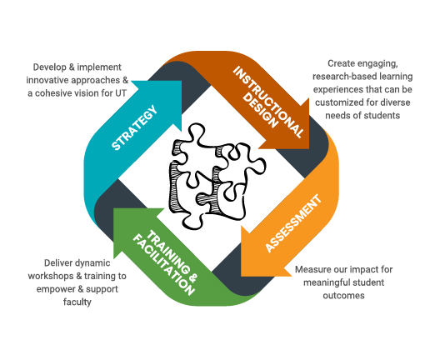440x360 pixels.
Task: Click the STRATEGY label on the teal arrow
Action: tap(134, 127)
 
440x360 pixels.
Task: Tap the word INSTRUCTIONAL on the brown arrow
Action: tap(269, 102)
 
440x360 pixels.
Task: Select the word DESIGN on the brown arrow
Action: tap(259, 111)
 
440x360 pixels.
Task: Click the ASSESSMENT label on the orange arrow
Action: tap(293, 223)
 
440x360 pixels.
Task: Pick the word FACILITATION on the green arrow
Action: tap(163, 265)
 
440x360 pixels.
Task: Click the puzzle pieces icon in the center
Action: tap(217, 176)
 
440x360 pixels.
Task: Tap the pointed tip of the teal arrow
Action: tap(182, 81)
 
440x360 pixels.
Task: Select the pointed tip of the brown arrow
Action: tap(309, 148)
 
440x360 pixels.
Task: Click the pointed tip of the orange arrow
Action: tap(241, 276)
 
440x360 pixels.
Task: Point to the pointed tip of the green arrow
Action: tap(113, 208)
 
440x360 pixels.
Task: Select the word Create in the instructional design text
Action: tap(342, 63)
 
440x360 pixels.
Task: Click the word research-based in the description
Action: tap(345, 77)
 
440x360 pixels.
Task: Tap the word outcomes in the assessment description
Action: tap(343, 296)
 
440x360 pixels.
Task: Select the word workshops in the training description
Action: tap(51, 276)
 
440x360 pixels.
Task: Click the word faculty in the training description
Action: tap(77, 302)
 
